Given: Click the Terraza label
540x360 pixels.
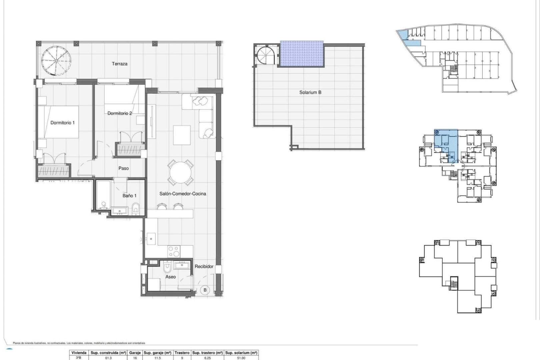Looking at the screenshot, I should coord(119,64).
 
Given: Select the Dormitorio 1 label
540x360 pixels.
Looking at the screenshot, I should coord(63,123).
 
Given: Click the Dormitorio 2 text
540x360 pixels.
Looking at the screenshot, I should coord(119,113).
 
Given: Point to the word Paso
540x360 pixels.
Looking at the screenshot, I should coord(124,168).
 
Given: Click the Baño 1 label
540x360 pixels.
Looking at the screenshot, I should coord(129,196).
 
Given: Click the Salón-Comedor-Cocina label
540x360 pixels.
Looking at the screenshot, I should coord(183,194).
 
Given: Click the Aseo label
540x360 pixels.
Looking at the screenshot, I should coord(170,277).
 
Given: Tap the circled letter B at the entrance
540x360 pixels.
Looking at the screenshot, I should coord(205,290).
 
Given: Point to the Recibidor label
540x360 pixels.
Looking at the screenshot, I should coord(204,266).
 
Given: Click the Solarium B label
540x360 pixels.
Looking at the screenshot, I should coord(310,92).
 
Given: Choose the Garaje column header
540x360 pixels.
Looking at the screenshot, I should coord(135,353).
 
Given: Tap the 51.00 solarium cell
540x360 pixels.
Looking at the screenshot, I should coord(241,358).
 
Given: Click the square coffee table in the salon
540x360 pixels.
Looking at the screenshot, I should coord(182,135).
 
